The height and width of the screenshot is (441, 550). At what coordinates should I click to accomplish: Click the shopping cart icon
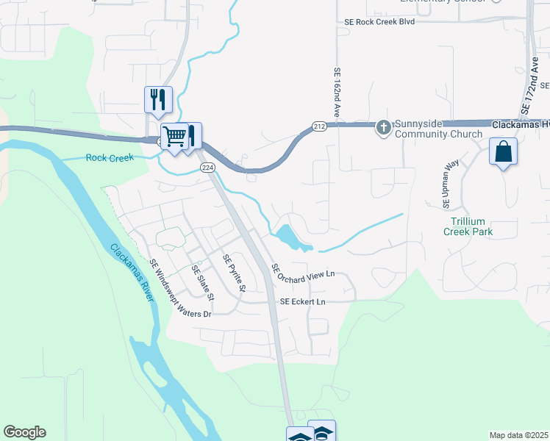click(x=174, y=136)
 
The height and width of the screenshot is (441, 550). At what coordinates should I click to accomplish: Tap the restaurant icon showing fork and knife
click(x=158, y=99)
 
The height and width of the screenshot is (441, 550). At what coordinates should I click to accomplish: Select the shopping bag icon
click(x=503, y=152)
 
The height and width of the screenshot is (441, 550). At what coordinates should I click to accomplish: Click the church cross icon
click(x=383, y=128)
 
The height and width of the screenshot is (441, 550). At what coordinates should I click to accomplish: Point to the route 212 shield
click(x=318, y=127)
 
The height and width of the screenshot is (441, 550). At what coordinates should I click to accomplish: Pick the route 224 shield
click(x=208, y=168)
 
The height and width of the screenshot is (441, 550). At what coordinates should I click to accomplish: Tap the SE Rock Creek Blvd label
click(x=379, y=22)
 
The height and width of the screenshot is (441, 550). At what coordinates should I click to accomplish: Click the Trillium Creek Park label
click(x=468, y=226)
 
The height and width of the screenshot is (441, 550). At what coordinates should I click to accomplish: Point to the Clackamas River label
click(x=133, y=272)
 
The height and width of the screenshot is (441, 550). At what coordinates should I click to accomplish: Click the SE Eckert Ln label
click(x=302, y=302)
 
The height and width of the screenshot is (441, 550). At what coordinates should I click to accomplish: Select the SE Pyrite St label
click(x=234, y=272)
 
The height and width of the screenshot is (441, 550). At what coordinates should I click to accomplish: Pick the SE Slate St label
click(x=202, y=283)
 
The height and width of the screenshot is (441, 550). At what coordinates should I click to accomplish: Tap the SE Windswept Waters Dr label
click(x=180, y=288)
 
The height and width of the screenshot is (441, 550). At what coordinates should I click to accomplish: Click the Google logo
click(x=24, y=432)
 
